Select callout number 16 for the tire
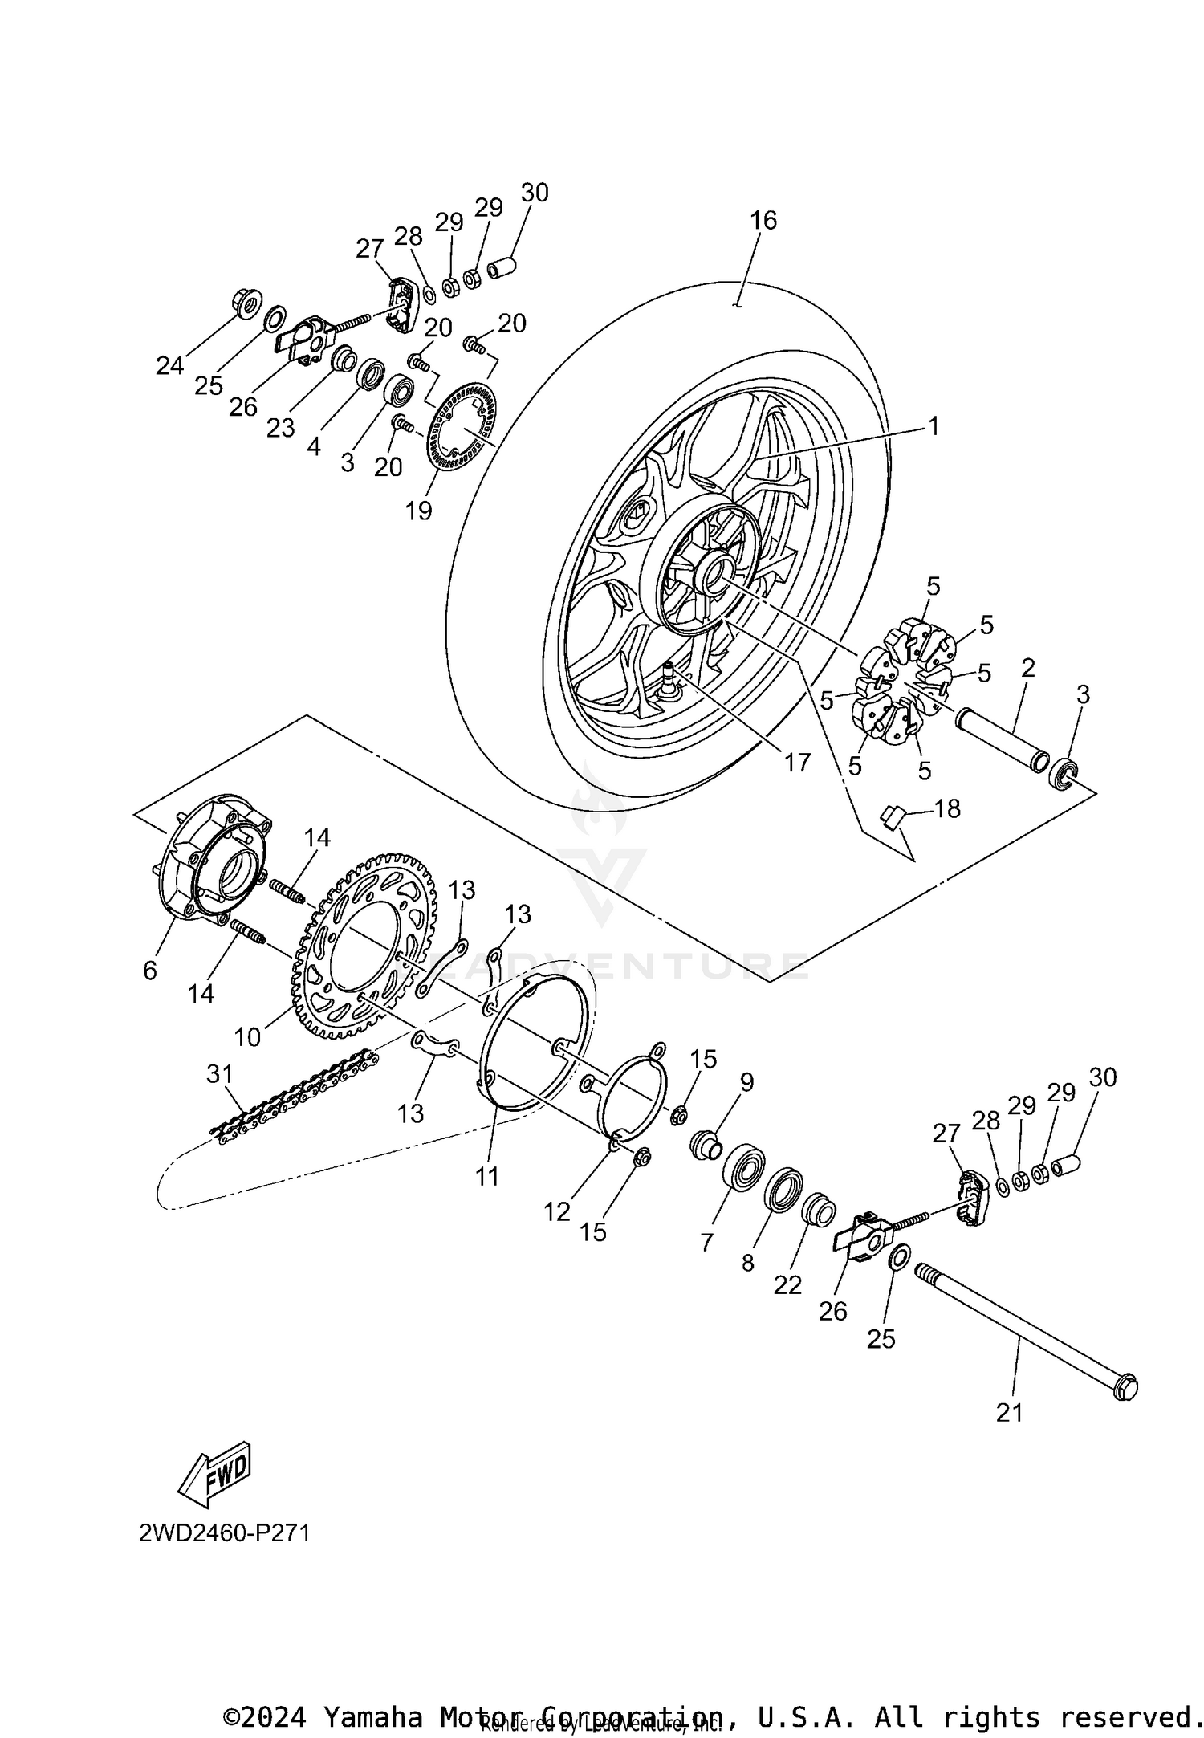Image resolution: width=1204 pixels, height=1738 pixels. coord(763,220)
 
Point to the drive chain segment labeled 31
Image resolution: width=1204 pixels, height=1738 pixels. coord(293,1097)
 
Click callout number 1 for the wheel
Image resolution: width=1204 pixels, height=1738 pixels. coord(933,425)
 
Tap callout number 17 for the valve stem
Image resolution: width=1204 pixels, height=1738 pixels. coord(797,762)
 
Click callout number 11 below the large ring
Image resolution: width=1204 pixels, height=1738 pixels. coord(487,1177)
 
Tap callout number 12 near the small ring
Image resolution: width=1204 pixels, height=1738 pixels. coord(556,1212)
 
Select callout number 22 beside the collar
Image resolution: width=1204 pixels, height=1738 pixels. coord(787,1285)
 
